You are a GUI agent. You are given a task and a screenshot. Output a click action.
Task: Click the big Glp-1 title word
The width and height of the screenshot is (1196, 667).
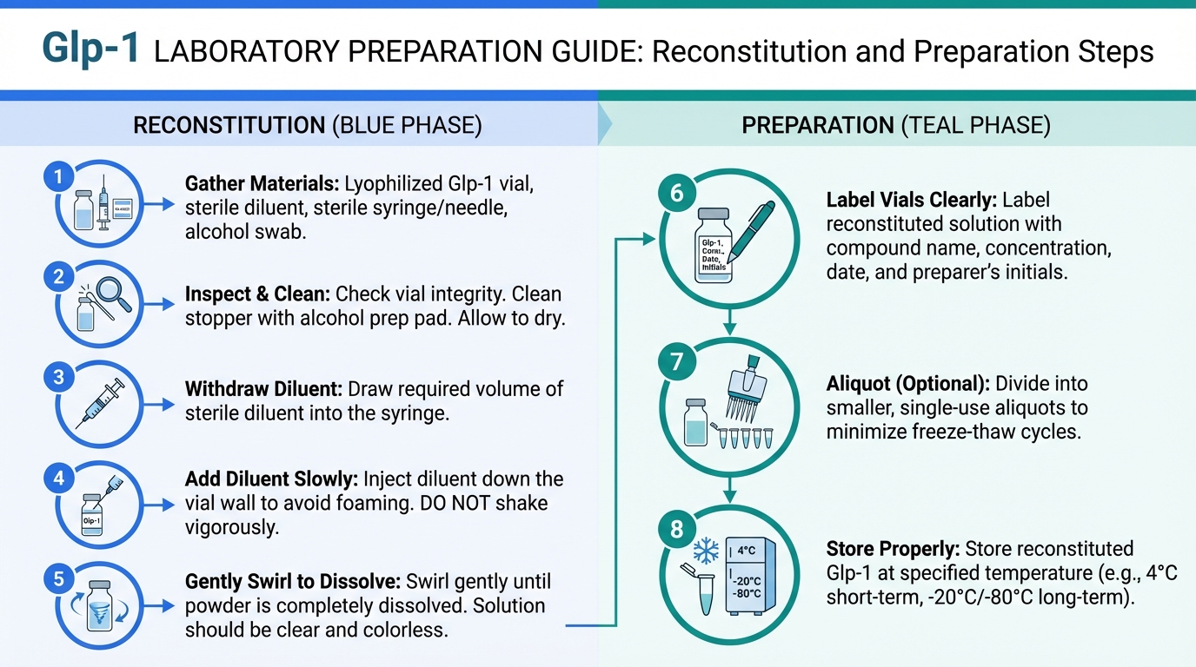click(90, 50)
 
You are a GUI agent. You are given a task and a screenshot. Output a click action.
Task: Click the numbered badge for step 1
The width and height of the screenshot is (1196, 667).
click(59, 176)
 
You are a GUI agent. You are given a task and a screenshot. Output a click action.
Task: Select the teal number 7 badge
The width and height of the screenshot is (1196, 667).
click(676, 362)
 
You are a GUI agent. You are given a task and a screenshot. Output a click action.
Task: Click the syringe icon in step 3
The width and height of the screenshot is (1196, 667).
click(100, 403)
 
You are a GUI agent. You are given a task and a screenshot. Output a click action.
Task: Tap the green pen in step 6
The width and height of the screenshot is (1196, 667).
click(750, 232)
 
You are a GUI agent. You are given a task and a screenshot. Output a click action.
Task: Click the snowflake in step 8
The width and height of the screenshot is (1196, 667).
click(705, 551)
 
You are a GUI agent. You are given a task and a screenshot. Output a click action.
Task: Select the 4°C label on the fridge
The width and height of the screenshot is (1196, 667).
click(747, 550)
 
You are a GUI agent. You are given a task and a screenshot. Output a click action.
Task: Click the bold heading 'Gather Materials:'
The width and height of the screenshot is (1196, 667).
click(262, 184)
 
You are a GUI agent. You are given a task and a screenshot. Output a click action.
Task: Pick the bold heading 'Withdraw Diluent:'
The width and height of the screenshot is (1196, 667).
click(263, 389)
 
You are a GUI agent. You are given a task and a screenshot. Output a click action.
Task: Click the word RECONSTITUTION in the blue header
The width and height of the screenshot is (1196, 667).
click(229, 125)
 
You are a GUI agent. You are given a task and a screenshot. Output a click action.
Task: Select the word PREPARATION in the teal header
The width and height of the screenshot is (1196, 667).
click(818, 125)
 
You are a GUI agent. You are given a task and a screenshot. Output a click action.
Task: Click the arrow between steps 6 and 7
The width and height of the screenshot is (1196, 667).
click(729, 321)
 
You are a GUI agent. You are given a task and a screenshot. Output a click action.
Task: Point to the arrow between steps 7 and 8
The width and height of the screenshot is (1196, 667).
click(729, 490)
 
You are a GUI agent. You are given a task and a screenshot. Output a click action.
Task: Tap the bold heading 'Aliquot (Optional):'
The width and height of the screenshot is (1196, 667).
click(908, 384)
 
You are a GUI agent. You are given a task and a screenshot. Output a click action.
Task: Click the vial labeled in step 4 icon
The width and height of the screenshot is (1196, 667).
click(92, 515)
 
